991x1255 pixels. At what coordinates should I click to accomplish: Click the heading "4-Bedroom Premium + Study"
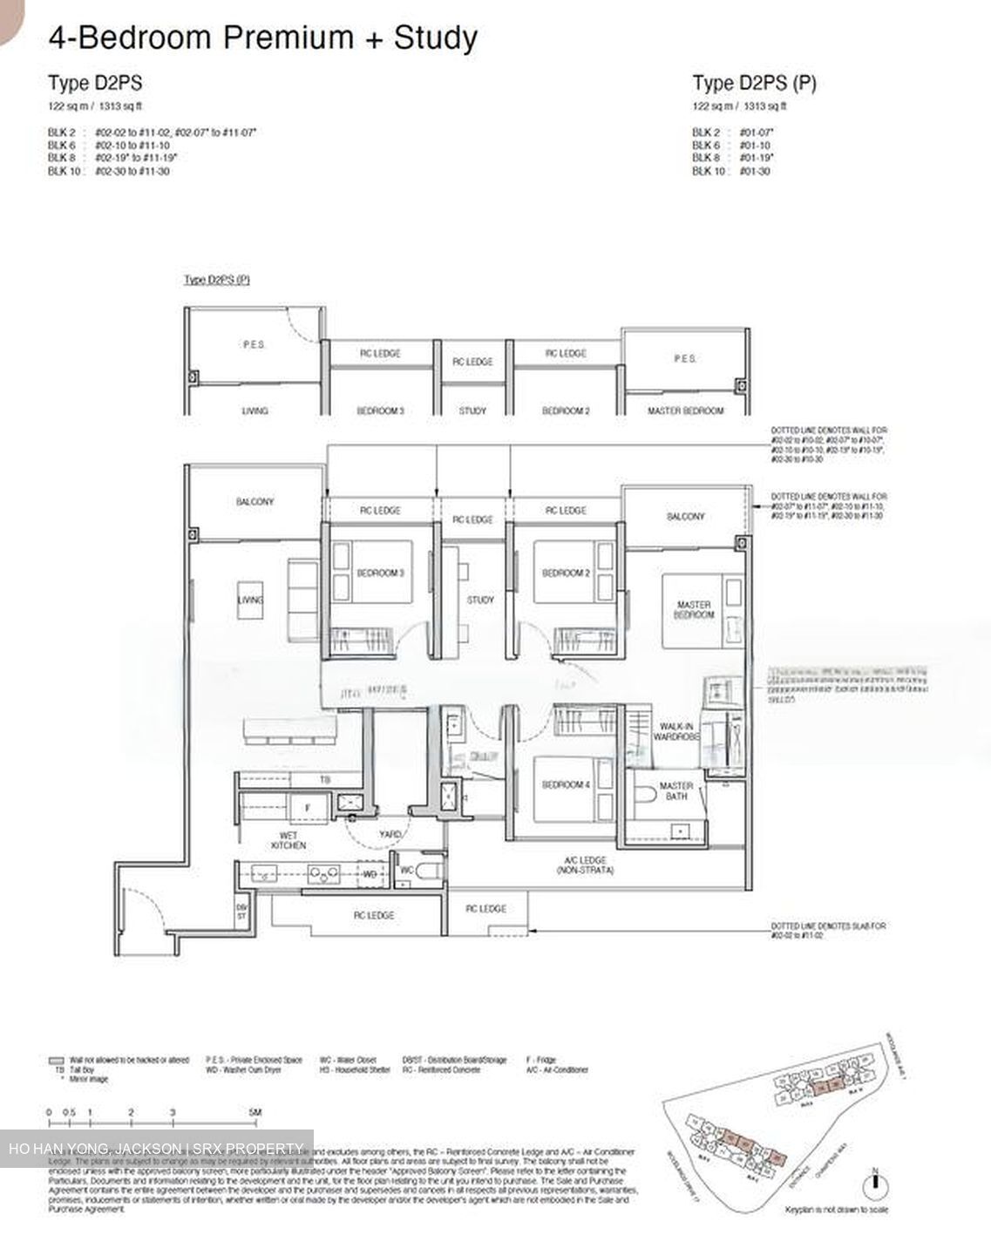[262, 38]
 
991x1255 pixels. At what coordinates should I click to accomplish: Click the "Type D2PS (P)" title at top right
[754, 84]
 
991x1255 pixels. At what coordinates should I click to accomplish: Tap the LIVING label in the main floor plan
[250, 600]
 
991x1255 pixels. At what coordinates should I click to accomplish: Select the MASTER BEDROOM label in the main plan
[693, 609]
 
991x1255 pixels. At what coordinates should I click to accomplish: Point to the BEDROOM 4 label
[566, 784]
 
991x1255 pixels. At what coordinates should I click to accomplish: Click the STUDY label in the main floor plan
[480, 600]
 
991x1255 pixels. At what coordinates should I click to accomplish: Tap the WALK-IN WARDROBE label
[676, 731]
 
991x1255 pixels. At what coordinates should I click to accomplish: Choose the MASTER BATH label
[675, 790]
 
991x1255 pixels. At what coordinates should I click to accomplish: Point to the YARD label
[390, 834]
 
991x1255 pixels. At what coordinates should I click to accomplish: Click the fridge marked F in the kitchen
[307, 808]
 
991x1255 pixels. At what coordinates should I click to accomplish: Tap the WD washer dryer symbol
[370, 873]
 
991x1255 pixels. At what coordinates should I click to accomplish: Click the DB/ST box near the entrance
[241, 910]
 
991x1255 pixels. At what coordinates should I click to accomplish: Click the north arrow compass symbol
[873, 1184]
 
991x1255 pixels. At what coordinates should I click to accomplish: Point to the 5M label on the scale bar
[254, 1113]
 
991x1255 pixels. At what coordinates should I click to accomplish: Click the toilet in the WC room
[425, 871]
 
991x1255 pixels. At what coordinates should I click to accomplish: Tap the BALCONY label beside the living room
[255, 502]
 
